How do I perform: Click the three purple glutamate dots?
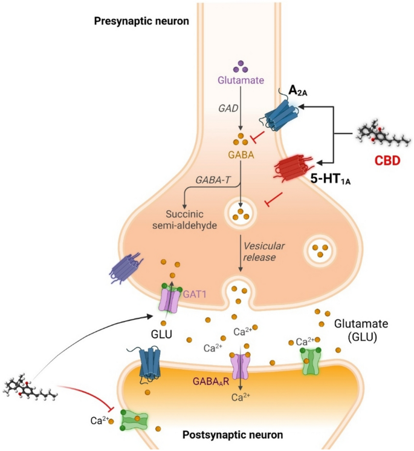point(241,64)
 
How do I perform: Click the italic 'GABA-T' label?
point(212,180)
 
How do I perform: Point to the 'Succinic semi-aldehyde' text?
point(193,220)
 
